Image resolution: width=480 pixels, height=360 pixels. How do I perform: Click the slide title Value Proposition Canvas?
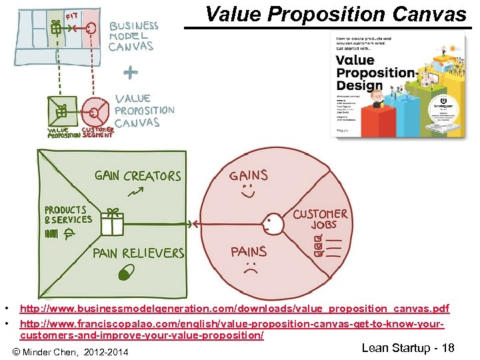[x=336, y=14]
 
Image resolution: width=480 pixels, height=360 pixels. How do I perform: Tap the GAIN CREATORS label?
[x=138, y=176]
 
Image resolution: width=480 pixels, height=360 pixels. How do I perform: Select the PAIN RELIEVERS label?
[x=138, y=253]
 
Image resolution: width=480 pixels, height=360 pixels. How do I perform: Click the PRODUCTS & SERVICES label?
[x=68, y=215]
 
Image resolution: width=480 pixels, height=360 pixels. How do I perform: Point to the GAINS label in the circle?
[x=249, y=175]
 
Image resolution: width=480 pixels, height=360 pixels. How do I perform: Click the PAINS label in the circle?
[x=249, y=251]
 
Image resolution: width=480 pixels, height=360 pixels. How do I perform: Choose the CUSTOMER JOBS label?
[x=320, y=219]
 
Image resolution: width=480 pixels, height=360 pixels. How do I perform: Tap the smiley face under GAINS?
[x=248, y=192]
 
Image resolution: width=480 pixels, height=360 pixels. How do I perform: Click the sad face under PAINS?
[x=250, y=269]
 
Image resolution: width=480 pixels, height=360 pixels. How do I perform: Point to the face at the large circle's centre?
[x=271, y=223]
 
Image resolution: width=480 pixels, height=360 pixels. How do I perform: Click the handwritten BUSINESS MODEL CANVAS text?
[x=133, y=36]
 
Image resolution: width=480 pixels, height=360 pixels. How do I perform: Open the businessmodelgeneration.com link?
[x=235, y=309]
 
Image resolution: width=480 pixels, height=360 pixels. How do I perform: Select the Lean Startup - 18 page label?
[x=407, y=348]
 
